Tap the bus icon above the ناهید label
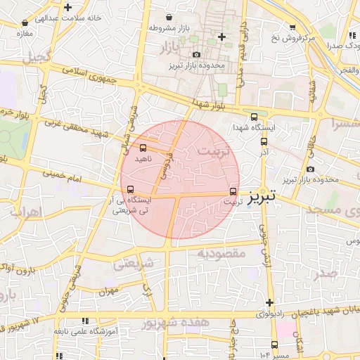pos(143,148)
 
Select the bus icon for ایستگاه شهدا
pos(254,117)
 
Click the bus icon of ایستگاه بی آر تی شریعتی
pos(130,189)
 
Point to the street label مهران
pos(106,290)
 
